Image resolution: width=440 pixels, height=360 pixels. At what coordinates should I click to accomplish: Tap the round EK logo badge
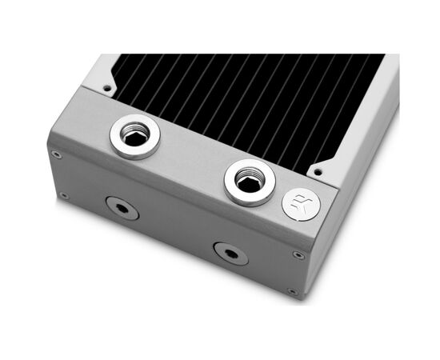tap(301, 205)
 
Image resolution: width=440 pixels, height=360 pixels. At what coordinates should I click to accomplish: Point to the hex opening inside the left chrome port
tap(134, 139)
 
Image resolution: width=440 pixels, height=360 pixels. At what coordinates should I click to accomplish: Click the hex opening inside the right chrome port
tap(250, 185)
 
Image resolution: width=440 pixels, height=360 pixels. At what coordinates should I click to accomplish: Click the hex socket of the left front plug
tap(122, 208)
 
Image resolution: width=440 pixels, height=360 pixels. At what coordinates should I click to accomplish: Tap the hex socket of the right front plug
tap(230, 254)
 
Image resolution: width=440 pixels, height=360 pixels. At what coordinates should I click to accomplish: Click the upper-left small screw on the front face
tap(57, 154)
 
